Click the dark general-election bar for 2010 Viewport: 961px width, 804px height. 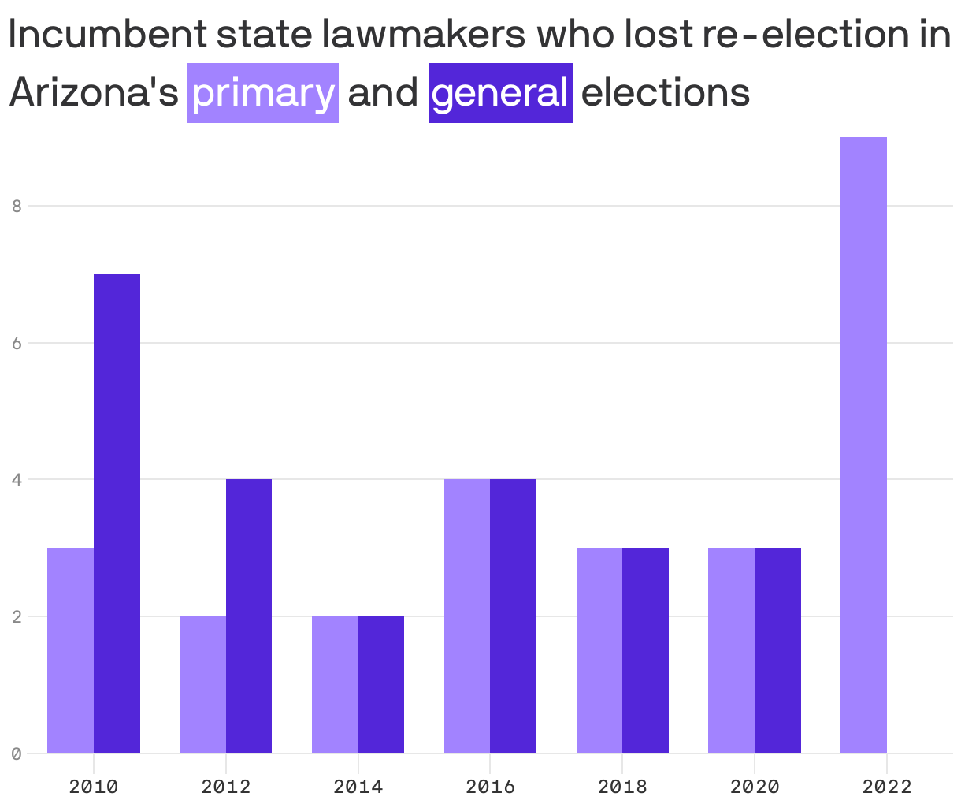pos(117,513)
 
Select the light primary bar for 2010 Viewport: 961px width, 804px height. pos(70,650)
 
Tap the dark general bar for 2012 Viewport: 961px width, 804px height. pos(249,616)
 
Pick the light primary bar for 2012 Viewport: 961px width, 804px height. pos(202,684)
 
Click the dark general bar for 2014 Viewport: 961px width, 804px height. pos(381,684)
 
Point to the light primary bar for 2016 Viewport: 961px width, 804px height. pos(467,616)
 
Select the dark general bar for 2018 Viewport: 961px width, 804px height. pos(645,650)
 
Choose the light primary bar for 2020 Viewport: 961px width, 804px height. pos(731,650)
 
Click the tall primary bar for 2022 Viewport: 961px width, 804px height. pos(863,445)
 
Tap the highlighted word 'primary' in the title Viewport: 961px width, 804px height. pos(263,93)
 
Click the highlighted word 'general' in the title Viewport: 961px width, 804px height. pos(500,93)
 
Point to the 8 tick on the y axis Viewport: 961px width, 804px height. pos(16,207)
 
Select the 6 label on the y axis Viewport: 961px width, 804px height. pos(16,343)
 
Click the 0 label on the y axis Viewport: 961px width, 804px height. pos(16,754)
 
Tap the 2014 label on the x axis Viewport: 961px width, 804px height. pos(358,786)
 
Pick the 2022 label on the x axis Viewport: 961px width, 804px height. pos(887,786)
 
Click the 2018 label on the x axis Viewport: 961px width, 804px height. pos(622,786)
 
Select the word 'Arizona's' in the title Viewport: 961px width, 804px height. pos(94,93)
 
